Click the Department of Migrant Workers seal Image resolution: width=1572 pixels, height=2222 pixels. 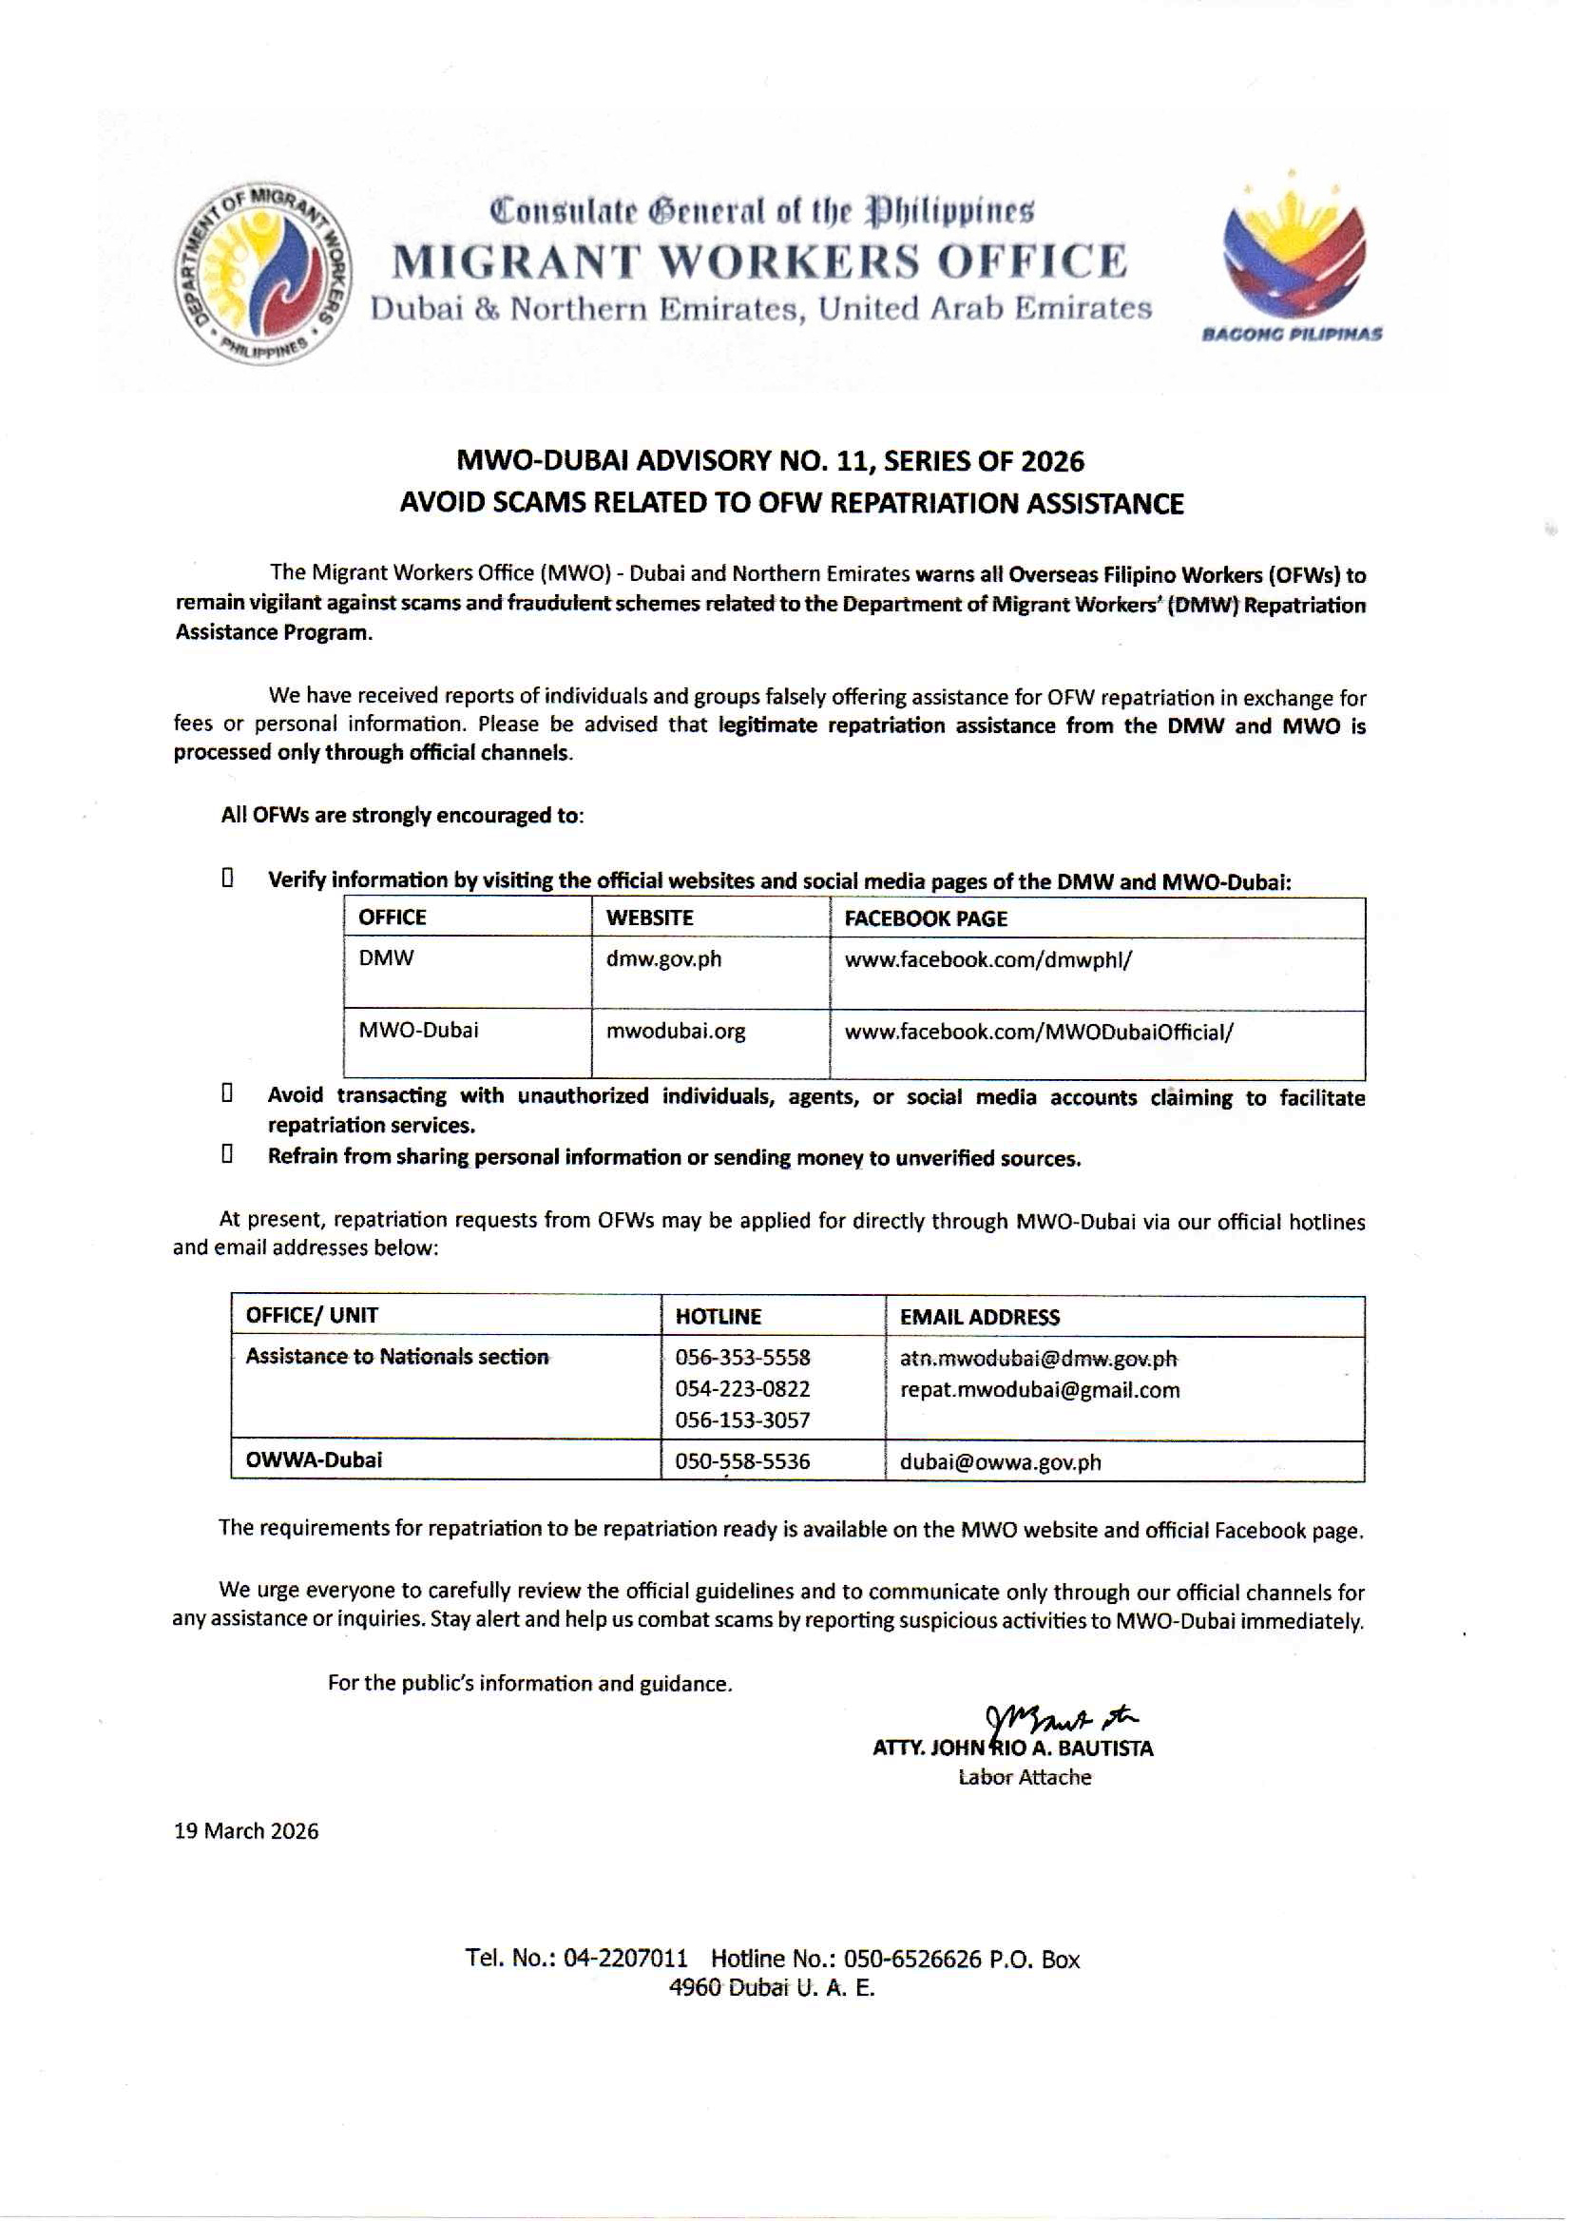262,274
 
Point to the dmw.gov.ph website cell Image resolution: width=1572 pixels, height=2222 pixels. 664,959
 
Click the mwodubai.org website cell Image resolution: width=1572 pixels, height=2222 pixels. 676,1031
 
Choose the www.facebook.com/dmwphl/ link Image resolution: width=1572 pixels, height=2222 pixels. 988,960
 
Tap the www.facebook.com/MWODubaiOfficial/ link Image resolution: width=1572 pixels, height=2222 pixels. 1039,1033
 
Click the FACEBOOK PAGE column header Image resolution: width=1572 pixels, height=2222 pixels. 926,918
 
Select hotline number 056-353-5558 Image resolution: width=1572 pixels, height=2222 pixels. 742,1358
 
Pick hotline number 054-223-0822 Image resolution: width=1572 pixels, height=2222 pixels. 742,1389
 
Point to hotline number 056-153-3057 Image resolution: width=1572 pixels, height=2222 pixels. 742,1420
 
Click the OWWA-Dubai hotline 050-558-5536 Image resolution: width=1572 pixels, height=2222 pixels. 742,1461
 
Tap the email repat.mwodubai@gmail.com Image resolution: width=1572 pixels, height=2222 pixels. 1040,1390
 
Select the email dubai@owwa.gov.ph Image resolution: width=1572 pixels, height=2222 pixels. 1000,1462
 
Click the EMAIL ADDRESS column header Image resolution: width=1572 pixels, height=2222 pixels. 980,1317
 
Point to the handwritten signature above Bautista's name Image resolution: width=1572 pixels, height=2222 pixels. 1059,1721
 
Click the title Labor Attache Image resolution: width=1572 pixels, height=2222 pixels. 1025,1778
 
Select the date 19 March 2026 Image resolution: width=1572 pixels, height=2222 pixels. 246,1831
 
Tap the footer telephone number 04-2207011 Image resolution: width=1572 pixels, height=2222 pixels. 625,1958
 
